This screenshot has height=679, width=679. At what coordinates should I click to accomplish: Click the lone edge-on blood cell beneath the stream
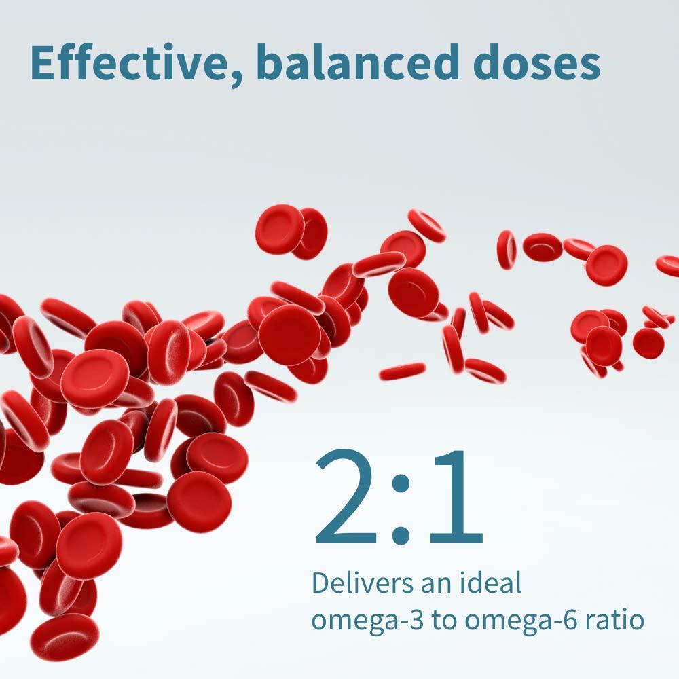pos(402,371)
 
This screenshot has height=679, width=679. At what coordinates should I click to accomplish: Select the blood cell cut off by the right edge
pos(668,265)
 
